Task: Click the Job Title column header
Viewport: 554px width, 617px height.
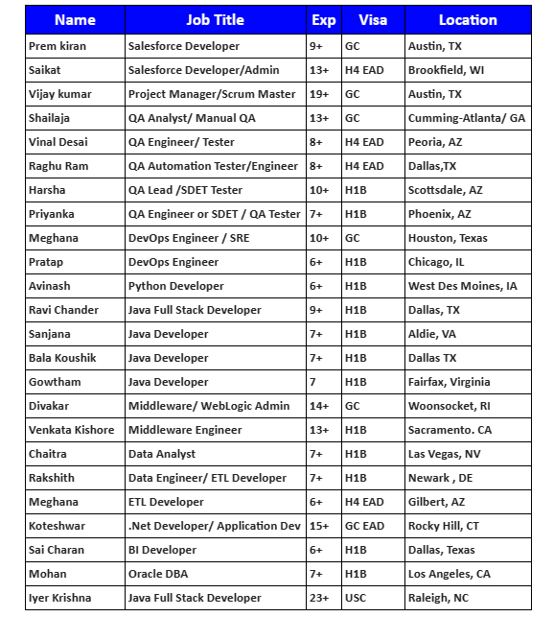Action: coord(215,20)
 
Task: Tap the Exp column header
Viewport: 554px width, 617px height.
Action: coord(324,20)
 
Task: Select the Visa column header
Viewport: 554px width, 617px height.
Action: coord(373,20)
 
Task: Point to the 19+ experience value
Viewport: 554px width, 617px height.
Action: coord(319,94)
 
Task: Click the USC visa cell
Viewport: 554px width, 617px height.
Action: coord(357,598)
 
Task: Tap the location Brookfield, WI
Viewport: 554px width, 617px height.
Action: coord(446,70)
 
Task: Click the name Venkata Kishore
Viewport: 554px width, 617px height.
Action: coord(72,430)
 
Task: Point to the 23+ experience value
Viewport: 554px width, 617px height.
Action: coord(319,598)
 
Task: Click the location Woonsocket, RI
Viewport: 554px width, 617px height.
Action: coord(449,406)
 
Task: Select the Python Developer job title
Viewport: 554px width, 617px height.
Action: coord(175,286)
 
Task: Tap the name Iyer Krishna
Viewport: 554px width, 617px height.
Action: coord(59,598)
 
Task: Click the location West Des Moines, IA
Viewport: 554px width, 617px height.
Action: coord(463,286)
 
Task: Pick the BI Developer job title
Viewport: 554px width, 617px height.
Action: coord(162,550)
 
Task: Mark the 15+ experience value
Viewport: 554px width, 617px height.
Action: coord(319,526)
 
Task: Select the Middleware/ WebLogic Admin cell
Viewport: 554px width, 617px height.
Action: coord(209,406)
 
